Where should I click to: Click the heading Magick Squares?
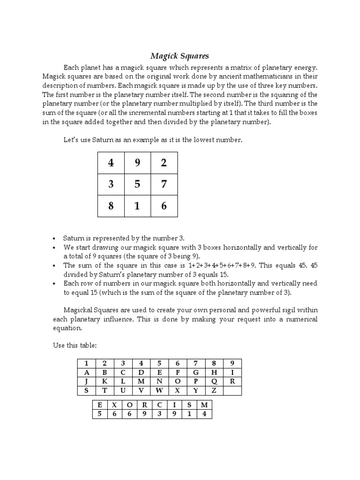(x=180, y=56)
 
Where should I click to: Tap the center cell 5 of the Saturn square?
(x=137, y=184)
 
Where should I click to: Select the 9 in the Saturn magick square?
(x=137, y=163)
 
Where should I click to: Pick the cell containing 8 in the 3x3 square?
(x=111, y=206)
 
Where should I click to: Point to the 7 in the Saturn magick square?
(x=164, y=184)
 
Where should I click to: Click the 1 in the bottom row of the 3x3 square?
(x=137, y=206)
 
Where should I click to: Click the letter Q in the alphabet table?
(x=214, y=381)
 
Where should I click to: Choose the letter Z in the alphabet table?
(x=214, y=390)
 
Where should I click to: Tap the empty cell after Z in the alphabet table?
(x=232, y=390)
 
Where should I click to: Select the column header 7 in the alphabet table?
(x=196, y=363)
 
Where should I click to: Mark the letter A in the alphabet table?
(x=86, y=372)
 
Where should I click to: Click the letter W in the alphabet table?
(x=159, y=390)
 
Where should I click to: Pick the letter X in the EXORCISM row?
(x=113, y=405)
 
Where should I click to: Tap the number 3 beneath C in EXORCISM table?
(x=159, y=414)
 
